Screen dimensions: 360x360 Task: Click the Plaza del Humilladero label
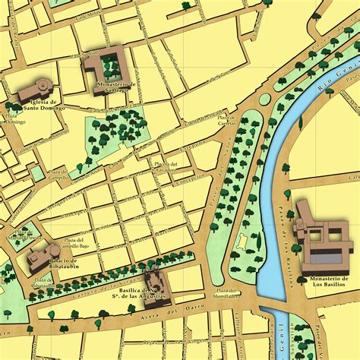coord(226,294)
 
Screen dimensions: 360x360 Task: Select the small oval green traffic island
coord(264,99)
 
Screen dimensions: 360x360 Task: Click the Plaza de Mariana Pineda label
coord(23,235)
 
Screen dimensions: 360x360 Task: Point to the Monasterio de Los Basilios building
coord(323,235)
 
